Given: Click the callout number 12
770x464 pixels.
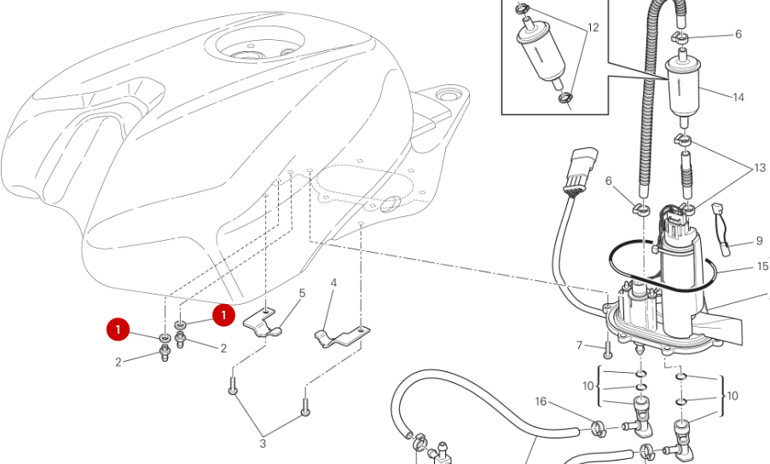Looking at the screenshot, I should pyautogui.click(x=593, y=27).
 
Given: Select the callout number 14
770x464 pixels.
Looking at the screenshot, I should pyautogui.click(x=738, y=97).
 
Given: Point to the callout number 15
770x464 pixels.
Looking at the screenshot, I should pyautogui.click(x=762, y=266).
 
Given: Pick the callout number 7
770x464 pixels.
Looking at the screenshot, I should pyautogui.click(x=579, y=346).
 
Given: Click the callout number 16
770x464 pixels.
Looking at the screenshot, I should pyautogui.click(x=541, y=401).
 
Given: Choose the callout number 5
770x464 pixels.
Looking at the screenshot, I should pyautogui.click(x=302, y=294).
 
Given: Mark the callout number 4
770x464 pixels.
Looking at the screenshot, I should pyautogui.click(x=333, y=283).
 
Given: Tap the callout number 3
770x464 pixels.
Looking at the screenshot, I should pyautogui.click(x=263, y=444).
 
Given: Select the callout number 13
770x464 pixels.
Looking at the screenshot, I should pyautogui.click(x=760, y=169).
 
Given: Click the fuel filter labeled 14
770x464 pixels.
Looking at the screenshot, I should pyautogui.click(x=682, y=85).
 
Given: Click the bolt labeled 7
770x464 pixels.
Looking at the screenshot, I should pyautogui.click(x=606, y=349).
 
